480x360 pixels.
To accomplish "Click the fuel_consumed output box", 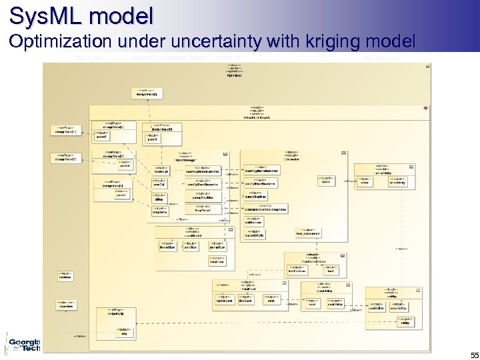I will (308, 233).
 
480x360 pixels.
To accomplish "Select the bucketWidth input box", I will (255, 234).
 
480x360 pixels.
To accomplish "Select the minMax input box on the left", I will (65, 275).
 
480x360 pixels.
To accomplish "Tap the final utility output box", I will (405, 321).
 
